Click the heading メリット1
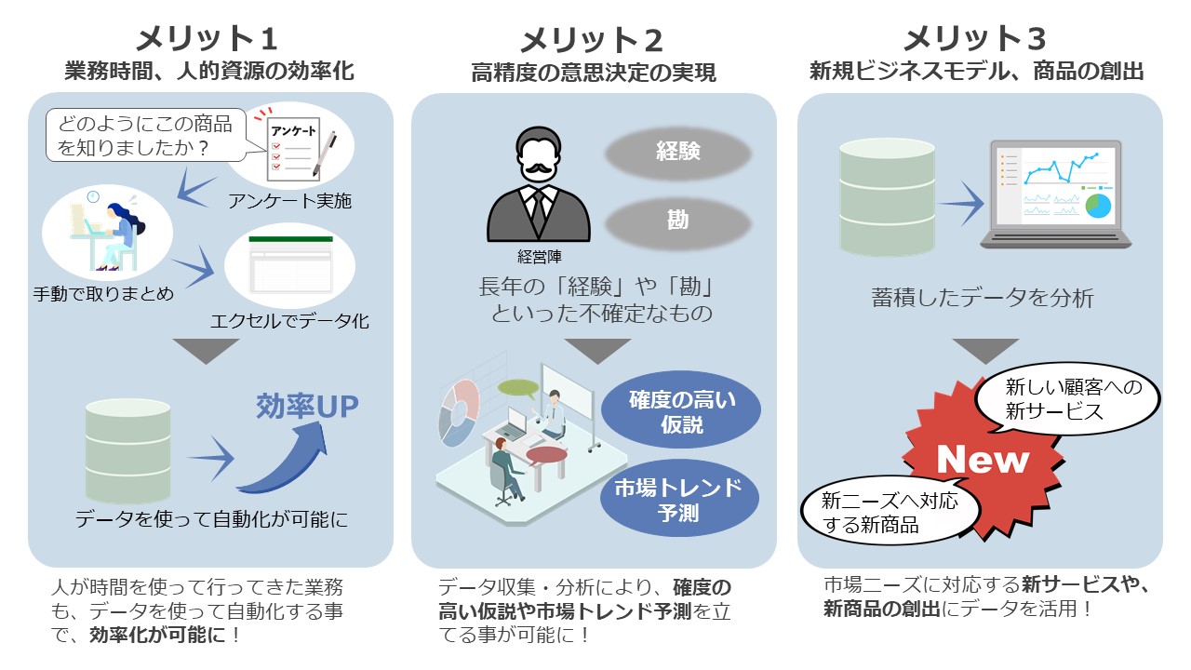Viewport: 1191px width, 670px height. (207, 39)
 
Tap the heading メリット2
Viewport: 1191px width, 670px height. (591, 40)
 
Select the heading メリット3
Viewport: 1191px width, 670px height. (975, 39)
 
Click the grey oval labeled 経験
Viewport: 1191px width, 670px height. (678, 152)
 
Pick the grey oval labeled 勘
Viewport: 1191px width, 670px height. (678, 221)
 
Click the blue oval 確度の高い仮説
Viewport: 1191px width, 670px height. (681, 410)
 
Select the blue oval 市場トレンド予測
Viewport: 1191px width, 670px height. (679, 499)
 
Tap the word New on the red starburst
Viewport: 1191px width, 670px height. (983, 460)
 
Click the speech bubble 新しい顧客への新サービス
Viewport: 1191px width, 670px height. (1067, 400)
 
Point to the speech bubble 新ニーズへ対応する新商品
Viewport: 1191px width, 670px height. (890, 512)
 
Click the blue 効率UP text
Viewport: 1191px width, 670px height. (307, 407)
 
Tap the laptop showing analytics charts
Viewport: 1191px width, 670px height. (1056, 194)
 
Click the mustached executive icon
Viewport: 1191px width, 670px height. (539, 184)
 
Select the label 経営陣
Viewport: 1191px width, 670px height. (539, 258)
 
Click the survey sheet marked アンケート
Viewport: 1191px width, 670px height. (301, 147)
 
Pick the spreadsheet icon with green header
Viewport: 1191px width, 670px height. (291, 265)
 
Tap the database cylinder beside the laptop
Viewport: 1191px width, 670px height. (887, 196)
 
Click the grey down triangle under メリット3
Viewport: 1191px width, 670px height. (985, 351)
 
